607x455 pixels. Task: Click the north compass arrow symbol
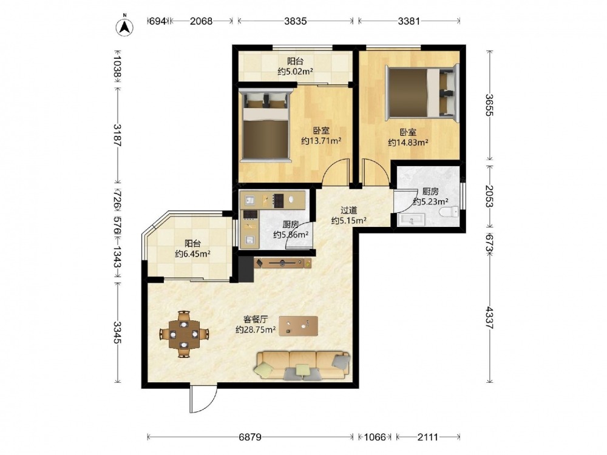[124, 26]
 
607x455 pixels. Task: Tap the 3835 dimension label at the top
[296, 21]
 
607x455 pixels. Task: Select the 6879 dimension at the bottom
[249, 437]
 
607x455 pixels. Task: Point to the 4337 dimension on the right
[490, 318]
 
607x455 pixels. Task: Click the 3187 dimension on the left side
[118, 135]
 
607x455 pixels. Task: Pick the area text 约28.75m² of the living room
[256, 330]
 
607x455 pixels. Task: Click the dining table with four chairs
[184, 334]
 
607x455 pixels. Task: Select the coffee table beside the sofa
[299, 326]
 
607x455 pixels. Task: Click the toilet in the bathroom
[449, 212]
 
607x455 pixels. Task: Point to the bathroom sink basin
[411, 220]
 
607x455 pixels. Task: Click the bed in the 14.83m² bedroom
[422, 92]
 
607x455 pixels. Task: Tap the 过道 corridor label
[348, 211]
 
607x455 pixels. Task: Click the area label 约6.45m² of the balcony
[193, 254]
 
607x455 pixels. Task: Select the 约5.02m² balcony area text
[296, 71]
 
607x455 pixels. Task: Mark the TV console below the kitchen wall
[283, 263]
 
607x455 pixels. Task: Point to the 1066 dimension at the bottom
[375, 437]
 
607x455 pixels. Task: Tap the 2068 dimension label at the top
[201, 21]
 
